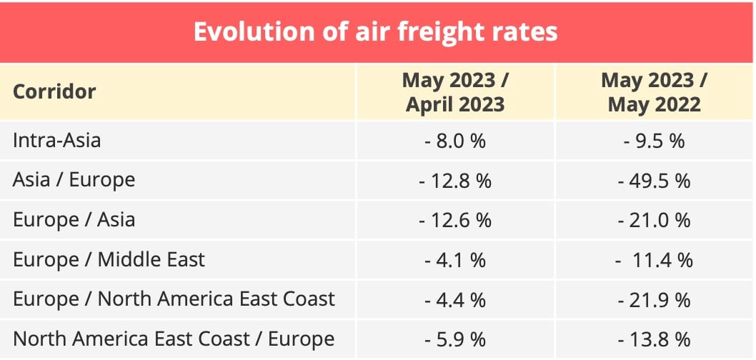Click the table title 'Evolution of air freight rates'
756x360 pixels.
tap(376, 32)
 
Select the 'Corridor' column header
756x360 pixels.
tap(54, 92)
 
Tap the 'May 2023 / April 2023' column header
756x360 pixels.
tap(455, 92)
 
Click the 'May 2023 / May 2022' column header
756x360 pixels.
tap(654, 92)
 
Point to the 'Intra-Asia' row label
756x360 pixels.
tap(57, 140)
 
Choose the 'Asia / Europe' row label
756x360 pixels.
tap(74, 180)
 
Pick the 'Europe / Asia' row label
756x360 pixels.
tap(74, 219)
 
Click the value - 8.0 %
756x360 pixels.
tap(455, 141)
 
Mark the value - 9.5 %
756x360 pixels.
tap(654, 141)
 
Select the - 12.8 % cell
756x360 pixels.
tap(455, 181)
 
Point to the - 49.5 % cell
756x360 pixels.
tap(654, 181)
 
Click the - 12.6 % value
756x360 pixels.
tap(455, 220)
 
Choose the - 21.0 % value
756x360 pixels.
tap(654, 220)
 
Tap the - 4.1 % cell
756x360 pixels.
tap(455, 259)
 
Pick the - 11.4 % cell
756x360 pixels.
tap(654, 259)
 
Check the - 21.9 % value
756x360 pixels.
tap(654, 299)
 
